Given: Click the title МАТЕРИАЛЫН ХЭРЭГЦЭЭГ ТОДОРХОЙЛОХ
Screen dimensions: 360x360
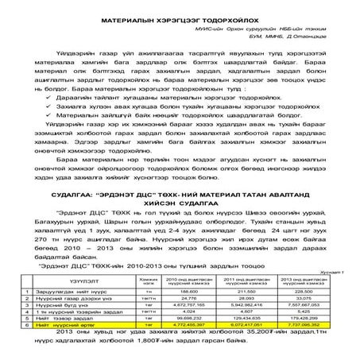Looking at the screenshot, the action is coord(180,16).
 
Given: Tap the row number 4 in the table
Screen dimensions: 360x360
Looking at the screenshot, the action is coord(25,312).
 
